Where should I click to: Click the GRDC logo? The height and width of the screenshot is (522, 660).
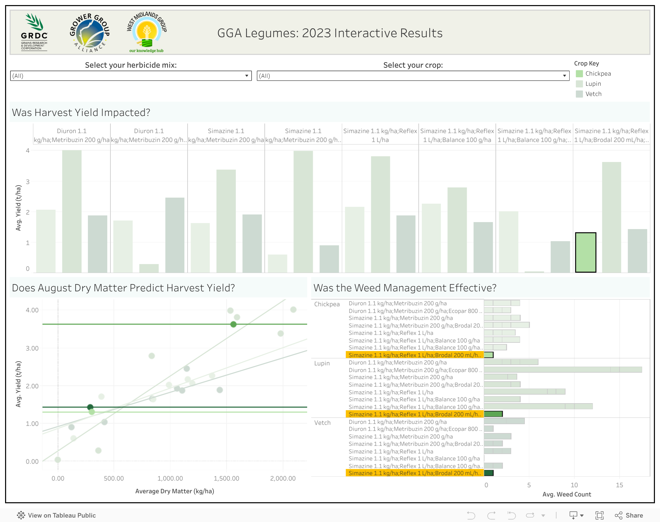point(34,32)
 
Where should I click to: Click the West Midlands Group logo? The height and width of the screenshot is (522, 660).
point(147,32)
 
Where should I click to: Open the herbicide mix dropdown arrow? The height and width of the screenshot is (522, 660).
point(247,76)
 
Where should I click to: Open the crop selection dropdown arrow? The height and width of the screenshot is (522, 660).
point(564,76)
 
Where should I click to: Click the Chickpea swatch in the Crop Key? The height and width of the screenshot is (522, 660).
point(579,74)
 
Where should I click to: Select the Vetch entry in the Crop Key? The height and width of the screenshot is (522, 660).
point(593,94)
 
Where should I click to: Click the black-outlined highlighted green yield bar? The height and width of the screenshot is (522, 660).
point(585,253)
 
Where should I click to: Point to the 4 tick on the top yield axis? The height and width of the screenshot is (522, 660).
point(28,151)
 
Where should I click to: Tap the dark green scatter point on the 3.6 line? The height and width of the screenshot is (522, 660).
point(234,324)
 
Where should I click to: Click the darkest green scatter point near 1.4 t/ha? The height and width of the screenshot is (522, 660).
point(90,407)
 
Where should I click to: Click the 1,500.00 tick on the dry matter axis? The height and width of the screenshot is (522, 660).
point(226,478)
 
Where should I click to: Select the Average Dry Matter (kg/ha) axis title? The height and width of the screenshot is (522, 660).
point(175,491)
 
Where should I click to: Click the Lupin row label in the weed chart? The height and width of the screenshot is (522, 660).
point(322,363)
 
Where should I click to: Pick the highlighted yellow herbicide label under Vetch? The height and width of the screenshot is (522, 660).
point(414,473)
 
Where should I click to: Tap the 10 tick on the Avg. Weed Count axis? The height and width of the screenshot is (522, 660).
point(574,485)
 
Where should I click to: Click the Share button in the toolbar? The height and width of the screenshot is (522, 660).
point(629,515)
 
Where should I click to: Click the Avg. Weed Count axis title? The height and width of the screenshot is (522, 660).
point(567,494)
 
